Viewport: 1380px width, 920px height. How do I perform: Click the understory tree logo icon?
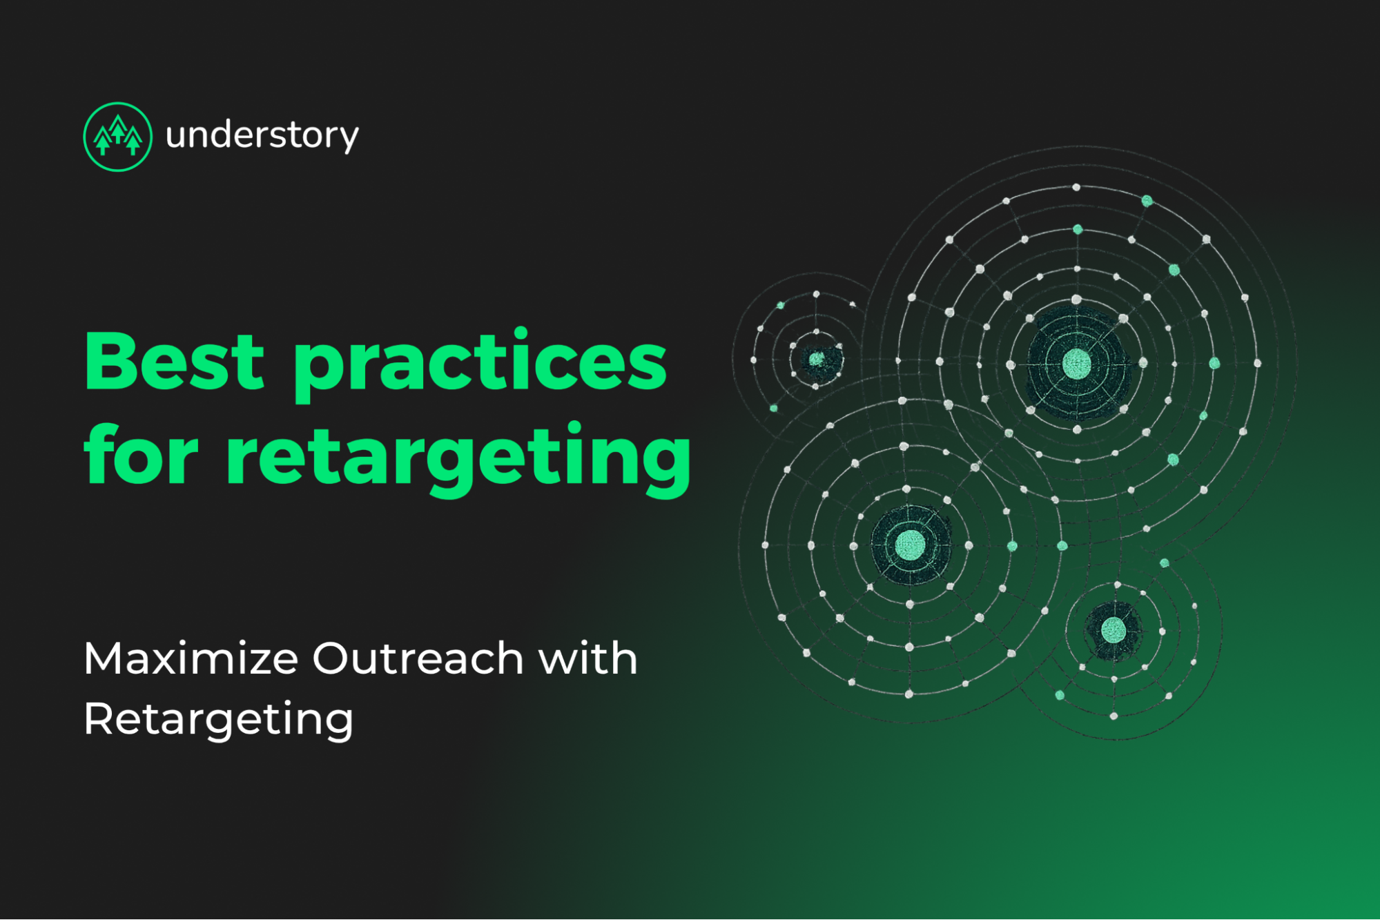117,137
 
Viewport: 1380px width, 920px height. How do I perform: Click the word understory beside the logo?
262,135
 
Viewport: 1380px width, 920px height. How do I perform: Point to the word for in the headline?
142,456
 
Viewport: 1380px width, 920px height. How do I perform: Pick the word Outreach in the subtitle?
418,658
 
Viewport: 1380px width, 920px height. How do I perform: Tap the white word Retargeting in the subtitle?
218,720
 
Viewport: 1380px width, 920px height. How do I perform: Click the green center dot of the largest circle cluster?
1076,363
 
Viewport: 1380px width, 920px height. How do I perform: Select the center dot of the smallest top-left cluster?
817,359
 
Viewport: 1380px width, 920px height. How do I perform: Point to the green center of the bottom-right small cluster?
1113,629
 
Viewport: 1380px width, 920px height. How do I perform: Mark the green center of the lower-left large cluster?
910,545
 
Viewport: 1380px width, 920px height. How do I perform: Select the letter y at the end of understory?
351,138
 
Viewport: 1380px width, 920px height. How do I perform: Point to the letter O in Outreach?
332,658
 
